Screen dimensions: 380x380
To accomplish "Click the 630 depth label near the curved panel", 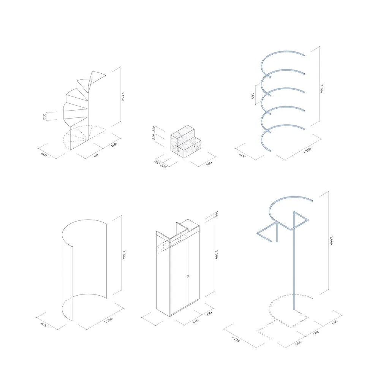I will [45, 326].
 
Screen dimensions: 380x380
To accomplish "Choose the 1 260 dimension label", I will [108, 321].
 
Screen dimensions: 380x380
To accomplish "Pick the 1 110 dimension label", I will [236, 340].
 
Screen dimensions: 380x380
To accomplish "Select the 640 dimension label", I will [334, 321].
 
